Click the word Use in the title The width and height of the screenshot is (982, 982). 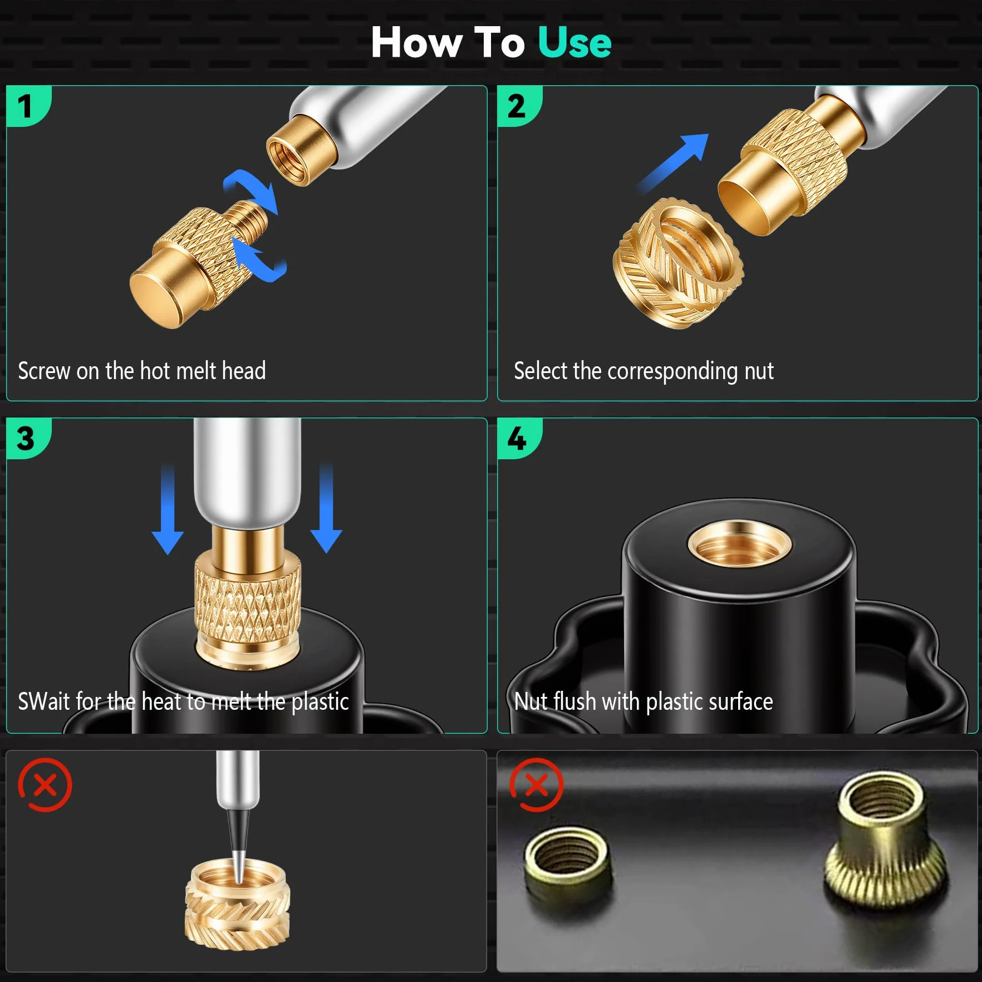[575, 42]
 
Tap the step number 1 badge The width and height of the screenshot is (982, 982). [27, 106]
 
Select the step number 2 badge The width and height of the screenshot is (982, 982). [518, 106]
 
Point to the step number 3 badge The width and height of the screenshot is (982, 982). [27, 438]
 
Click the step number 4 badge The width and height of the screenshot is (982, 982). [518, 438]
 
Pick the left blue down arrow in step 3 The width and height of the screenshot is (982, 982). [168, 509]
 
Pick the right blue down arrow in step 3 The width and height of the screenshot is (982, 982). [326, 508]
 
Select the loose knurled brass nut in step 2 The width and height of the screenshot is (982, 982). [678, 262]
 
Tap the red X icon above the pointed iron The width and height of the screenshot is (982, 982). [45, 785]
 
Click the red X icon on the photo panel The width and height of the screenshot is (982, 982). [537, 785]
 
